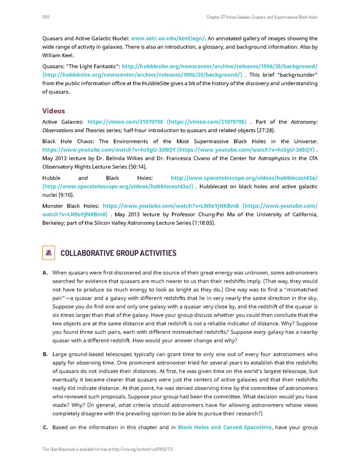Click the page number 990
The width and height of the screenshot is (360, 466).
(x=46, y=17)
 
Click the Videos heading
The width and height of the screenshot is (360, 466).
(x=54, y=111)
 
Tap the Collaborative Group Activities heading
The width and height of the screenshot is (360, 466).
(x=118, y=253)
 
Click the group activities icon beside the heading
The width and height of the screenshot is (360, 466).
(x=49, y=253)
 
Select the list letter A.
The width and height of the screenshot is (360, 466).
(x=45, y=272)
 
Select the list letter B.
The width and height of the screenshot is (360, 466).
(x=45, y=355)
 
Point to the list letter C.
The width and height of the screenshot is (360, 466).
(x=45, y=427)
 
